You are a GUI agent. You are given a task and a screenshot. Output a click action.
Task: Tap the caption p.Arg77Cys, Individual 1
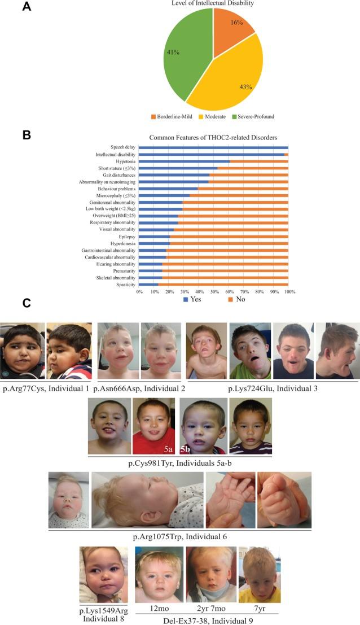tap(46, 388)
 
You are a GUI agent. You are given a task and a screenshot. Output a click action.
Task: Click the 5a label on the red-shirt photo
tap(168, 449)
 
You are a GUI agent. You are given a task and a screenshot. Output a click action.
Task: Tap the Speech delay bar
tap(213, 147)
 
